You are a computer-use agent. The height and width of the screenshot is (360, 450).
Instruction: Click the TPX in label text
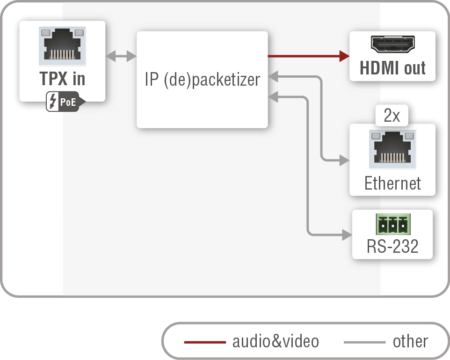click(62, 79)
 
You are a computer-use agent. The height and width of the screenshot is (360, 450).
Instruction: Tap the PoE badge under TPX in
click(65, 102)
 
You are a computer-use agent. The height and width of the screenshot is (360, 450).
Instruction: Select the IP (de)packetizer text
click(202, 80)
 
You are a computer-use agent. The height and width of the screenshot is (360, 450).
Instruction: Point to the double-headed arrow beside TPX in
click(121, 57)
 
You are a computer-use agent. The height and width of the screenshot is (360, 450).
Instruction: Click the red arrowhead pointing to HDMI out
click(344, 56)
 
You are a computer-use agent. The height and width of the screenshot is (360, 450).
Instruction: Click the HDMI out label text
click(392, 68)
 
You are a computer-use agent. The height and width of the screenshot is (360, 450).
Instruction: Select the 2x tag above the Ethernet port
click(392, 116)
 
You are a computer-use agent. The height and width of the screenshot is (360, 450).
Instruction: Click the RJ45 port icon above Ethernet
click(392, 149)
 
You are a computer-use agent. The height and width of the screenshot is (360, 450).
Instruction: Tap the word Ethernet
click(392, 183)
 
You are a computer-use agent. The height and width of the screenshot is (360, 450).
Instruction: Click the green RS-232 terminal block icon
click(392, 225)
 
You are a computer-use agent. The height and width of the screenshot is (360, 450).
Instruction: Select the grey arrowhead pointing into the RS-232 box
click(347, 234)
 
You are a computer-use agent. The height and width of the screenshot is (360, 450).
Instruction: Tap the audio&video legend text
click(276, 341)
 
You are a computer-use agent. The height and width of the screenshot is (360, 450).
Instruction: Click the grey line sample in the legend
click(364, 342)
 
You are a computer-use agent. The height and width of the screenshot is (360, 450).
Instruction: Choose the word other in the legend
click(410, 341)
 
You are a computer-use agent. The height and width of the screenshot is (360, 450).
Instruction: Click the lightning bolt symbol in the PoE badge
click(52, 102)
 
